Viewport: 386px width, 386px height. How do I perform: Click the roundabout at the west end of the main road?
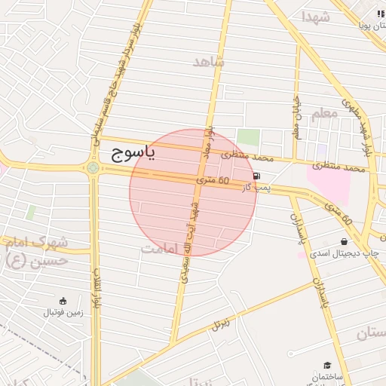(93, 167)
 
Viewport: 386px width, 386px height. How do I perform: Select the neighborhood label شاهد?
(208, 62)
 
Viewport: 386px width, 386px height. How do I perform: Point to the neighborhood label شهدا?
(316, 17)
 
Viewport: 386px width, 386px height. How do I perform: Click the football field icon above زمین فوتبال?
(63, 299)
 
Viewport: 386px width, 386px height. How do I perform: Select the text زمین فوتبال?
(63, 311)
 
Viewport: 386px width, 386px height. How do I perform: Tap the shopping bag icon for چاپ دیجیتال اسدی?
(345, 242)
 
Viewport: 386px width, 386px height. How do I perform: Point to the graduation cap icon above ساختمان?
(326, 364)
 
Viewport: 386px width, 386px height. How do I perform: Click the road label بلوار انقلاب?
(96, 286)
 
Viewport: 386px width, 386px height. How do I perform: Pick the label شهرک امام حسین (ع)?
(35, 251)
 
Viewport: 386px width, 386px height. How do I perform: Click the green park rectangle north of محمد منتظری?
(249, 139)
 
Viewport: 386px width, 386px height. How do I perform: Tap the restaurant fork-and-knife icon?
(380, 14)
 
